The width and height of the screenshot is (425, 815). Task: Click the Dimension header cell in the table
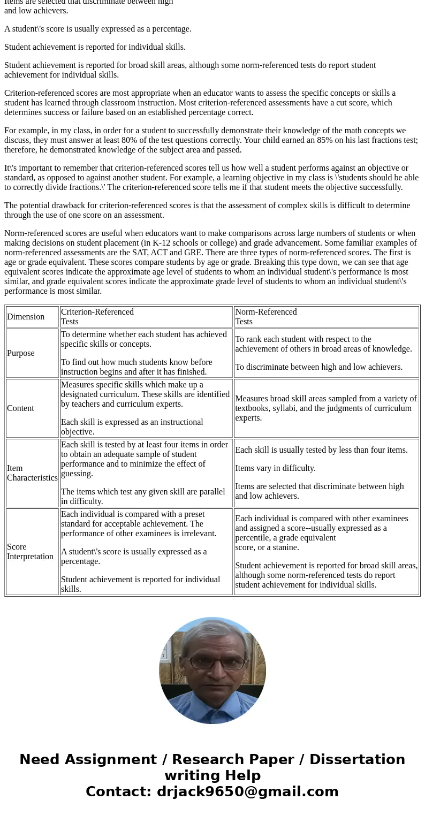click(26, 317)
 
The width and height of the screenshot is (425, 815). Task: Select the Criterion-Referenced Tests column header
click(97, 317)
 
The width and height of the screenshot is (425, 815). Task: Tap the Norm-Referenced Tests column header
click(266, 317)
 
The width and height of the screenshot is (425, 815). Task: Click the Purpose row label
click(21, 353)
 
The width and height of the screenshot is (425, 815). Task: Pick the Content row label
click(20, 408)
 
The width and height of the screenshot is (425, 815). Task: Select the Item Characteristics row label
click(32, 473)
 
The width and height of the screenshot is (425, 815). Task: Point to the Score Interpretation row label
click(30, 552)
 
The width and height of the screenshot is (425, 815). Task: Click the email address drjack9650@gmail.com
click(247, 791)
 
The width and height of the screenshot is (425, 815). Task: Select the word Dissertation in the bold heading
click(357, 759)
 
